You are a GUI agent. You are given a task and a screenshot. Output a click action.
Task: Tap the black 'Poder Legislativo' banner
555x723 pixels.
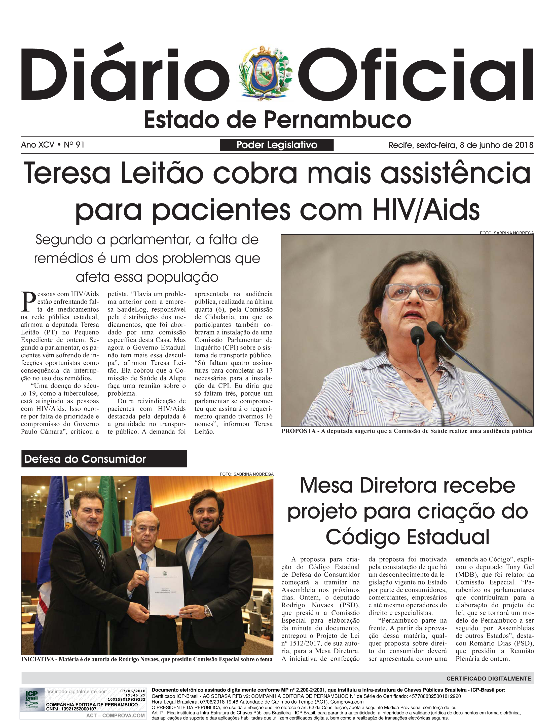coord(277,145)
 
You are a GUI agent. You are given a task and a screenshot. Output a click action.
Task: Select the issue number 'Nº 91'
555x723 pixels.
coord(74,145)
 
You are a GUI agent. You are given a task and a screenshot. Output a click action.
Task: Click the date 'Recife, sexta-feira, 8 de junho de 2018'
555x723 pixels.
coord(461,145)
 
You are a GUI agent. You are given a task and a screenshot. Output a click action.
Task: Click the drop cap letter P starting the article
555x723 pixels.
coord(28,302)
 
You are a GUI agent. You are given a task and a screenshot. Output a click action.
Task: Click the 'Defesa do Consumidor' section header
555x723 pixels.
coord(85,459)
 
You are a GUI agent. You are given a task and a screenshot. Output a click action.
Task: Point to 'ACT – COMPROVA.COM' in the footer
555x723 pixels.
coord(115,716)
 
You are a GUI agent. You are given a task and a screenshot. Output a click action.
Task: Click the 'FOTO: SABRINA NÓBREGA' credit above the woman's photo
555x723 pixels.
coord(506,233)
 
